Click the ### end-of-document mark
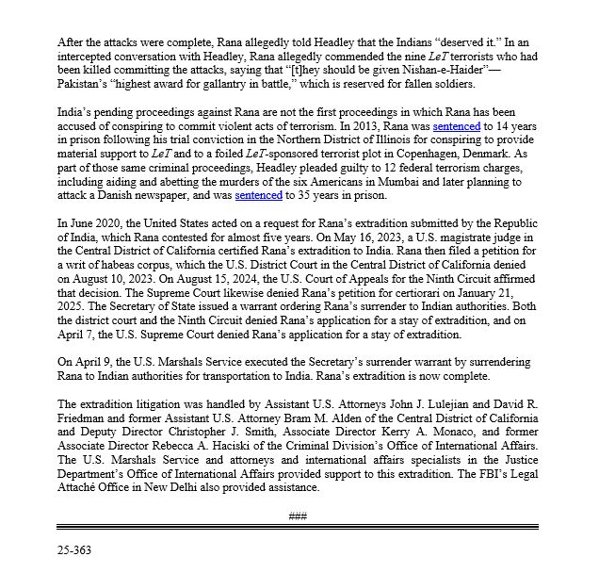(x=299, y=516)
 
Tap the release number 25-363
(x=76, y=547)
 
